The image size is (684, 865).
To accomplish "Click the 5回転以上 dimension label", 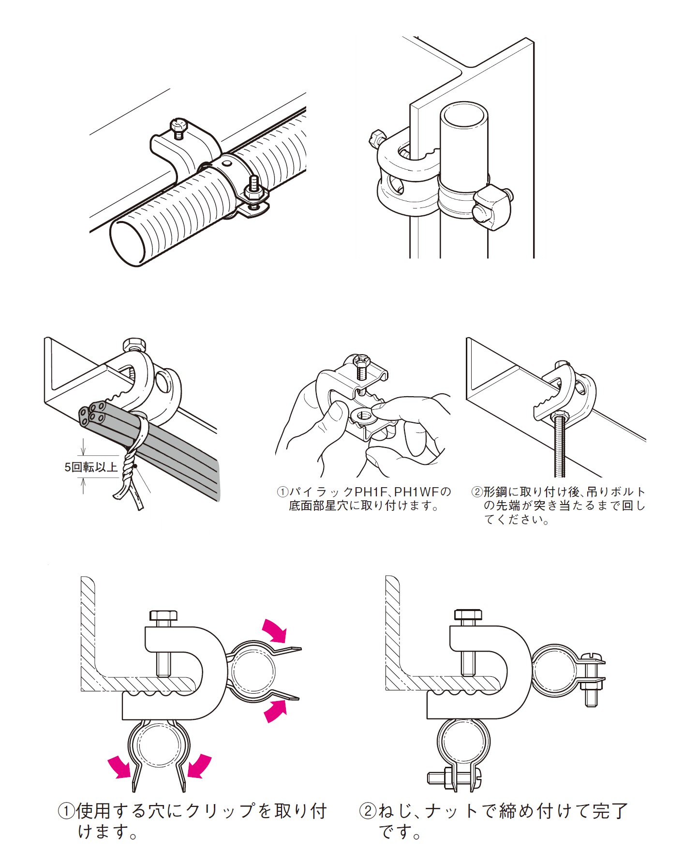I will pyautogui.click(x=91, y=467).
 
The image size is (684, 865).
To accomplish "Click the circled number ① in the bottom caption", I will pyautogui.click(x=66, y=811).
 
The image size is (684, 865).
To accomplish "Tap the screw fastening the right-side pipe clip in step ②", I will pyautogui.click(x=592, y=677).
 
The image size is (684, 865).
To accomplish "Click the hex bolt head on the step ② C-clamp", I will pyautogui.click(x=468, y=616).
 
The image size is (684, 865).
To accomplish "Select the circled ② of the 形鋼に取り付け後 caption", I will pyautogui.click(x=477, y=492).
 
